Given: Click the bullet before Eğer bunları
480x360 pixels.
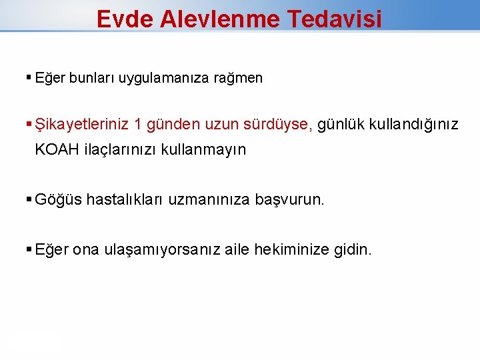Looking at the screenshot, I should pyautogui.click(x=29, y=78).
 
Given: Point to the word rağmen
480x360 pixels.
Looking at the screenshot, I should pyautogui.click(x=239, y=78).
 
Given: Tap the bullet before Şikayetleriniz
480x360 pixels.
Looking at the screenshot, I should pyautogui.click(x=29, y=124).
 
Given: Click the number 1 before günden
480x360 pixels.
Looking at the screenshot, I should pyautogui.click(x=137, y=124).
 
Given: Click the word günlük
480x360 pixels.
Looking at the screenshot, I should pyautogui.click(x=340, y=124).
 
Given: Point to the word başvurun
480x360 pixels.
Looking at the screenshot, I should pyautogui.click(x=290, y=199).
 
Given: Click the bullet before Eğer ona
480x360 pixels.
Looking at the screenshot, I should pyautogui.click(x=29, y=250).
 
